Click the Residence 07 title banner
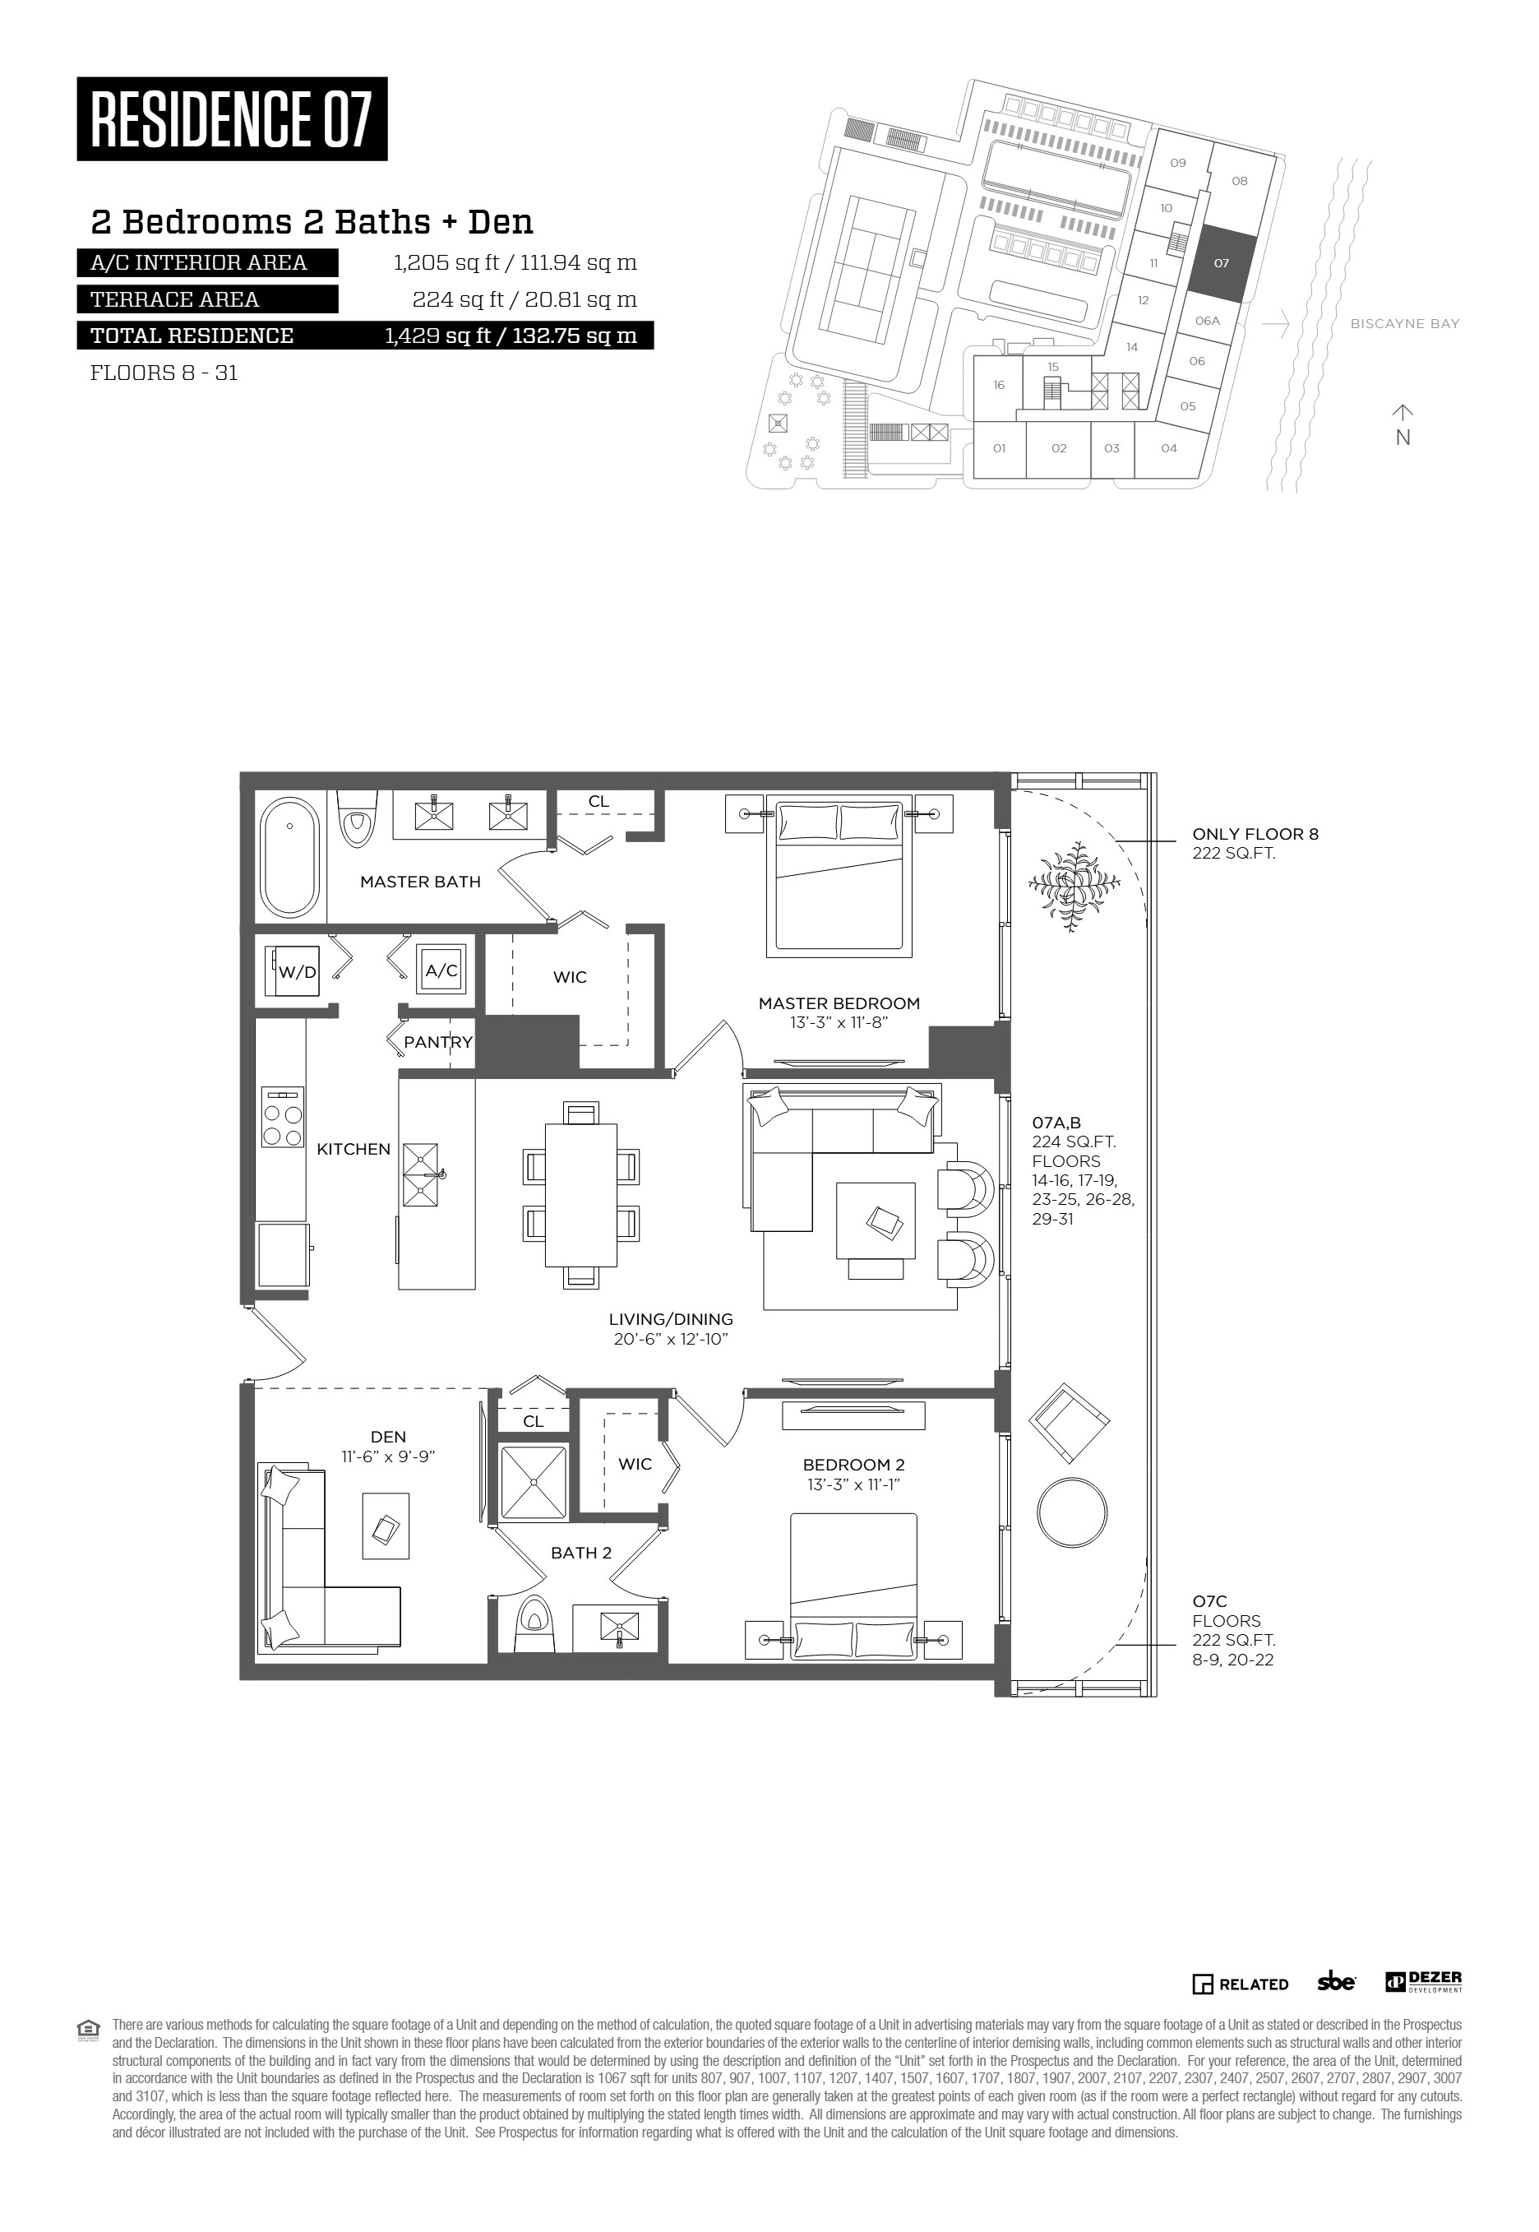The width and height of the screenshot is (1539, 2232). (233, 118)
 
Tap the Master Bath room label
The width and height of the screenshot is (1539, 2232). (420, 882)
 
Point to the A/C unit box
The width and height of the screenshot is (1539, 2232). (441, 970)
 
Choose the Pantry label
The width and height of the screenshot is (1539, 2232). (438, 1043)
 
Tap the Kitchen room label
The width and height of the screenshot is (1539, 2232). (354, 1149)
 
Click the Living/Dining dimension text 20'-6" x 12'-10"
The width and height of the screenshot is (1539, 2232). (671, 1339)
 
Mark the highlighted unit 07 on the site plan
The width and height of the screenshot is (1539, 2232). (1222, 262)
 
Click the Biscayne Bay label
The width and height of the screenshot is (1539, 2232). (1405, 324)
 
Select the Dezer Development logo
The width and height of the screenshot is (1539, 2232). (1423, 1982)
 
